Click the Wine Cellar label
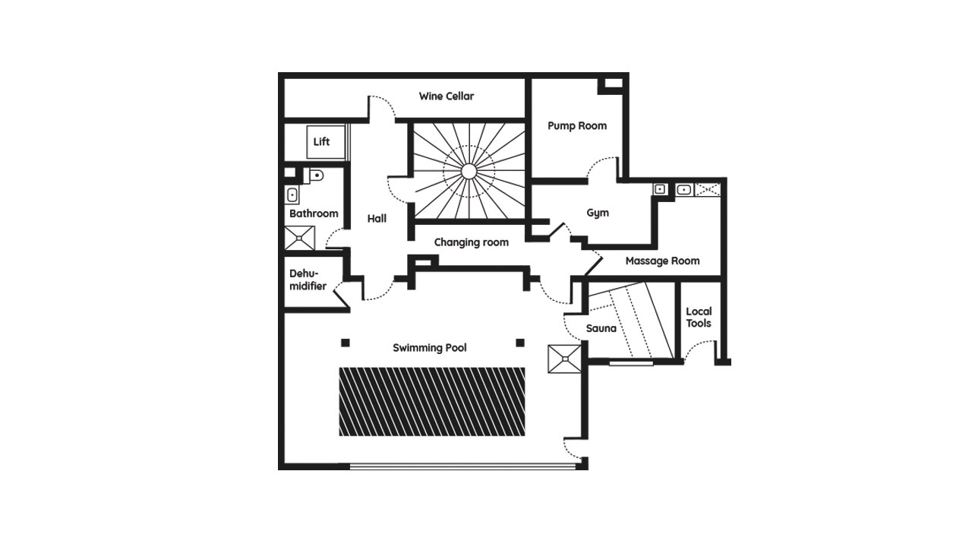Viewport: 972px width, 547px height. tap(446, 96)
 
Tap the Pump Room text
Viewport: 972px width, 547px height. tap(576, 126)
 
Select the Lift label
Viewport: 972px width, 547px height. tap(321, 141)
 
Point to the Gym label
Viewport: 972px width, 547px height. tap(598, 213)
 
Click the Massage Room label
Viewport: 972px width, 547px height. tap(662, 261)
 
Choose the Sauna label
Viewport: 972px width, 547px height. tap(601, 328)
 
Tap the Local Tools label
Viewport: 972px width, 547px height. tap(699, 318)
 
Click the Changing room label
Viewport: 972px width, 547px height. tap(472, 242)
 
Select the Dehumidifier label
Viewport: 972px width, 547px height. tap(308, 280)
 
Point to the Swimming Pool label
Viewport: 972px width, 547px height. tap(430, 348)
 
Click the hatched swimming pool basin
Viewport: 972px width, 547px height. tap(432, 402)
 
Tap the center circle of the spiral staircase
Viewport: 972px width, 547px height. tap(469, 172)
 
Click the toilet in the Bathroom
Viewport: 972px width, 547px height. tap(314, 175)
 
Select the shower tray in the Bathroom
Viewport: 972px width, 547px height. tap(299, 238)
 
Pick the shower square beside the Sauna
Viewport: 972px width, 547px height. tap(564, 359)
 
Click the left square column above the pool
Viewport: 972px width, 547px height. tap(346, 343)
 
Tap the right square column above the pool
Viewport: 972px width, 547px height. tap(520, 343)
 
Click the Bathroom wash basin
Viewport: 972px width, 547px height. tap(292, 195)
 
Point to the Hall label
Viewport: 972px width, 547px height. tap(377, 218)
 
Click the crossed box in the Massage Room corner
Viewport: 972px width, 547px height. tap(707, 190)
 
